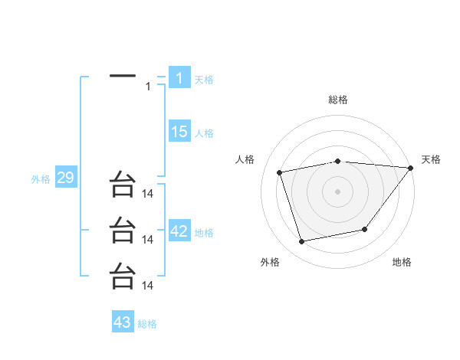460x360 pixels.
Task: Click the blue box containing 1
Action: coord(179,78)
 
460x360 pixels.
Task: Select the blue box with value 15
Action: coord(179,132)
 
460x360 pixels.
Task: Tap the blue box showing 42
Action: coord(179,231)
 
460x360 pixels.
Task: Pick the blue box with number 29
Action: coord(65,178)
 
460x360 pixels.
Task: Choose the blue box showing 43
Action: coord(123,322)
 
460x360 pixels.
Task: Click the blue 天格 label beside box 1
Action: coord(204,80)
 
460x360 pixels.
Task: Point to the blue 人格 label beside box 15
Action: coord(204,133)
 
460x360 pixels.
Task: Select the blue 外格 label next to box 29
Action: coord(41,180)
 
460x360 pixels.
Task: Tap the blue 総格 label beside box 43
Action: coord(147,324)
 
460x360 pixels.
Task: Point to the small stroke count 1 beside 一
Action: coord(148,86)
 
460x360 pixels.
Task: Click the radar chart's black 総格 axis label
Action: coord(337,100)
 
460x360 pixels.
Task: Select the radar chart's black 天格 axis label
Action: coord(431,159)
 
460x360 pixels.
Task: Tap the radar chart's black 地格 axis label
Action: coord(402,262)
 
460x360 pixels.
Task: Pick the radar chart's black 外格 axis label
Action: coord(270,262)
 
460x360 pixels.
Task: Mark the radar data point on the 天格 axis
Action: coord(412,167)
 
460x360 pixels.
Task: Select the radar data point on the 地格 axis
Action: coord(365,229)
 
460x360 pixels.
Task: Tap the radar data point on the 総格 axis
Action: coord(337,161)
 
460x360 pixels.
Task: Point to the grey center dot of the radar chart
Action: coord(337,191)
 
